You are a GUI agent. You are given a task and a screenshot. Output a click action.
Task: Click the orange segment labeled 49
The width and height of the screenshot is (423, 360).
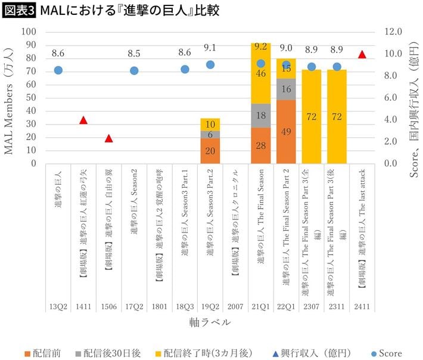(286, 132)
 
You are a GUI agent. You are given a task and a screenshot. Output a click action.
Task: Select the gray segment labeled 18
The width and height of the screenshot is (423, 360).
(260, 116)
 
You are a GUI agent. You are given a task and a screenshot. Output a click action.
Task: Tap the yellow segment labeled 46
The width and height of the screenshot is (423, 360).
(260, 74)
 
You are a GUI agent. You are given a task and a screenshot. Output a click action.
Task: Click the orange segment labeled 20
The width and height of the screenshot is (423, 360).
(210, 151)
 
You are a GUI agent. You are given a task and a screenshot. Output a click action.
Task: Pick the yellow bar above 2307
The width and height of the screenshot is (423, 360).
(311, 116)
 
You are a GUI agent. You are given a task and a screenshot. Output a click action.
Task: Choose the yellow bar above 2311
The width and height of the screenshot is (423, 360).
(337, 116)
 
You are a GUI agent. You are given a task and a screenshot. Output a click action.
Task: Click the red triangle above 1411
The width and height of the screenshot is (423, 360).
(83, 120)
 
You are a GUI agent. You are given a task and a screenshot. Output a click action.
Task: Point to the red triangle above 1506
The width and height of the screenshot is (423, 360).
(108, 138)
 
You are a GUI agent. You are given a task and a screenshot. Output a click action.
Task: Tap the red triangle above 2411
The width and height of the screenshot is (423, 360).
(362, 54)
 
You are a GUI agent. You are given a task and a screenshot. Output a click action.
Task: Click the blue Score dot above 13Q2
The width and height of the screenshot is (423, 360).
(58, 70)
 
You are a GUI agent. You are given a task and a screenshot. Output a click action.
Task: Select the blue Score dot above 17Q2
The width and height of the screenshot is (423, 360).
(134, 70)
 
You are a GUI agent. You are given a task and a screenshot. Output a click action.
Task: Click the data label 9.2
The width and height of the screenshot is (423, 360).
(260, 46)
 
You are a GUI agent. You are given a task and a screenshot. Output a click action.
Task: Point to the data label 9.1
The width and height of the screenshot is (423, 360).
(210, 48)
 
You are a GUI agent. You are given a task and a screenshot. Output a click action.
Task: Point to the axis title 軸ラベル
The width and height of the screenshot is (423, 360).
(210, 322)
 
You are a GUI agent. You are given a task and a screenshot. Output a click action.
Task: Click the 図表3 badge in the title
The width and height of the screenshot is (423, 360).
(18, 11)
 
